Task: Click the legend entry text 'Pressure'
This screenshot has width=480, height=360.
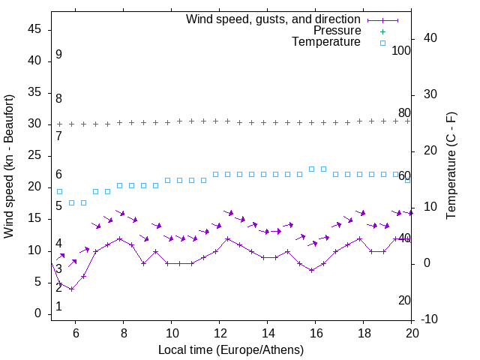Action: point(337,31)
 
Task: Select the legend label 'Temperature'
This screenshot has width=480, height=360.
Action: point(326,43)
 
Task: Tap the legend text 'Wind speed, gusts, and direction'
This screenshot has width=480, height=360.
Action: point(273,19)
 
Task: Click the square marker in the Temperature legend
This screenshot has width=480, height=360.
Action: point(382,43)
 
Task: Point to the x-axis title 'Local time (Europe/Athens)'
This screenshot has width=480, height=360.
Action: point(231,350)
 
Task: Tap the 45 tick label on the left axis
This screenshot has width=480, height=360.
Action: point(34,29)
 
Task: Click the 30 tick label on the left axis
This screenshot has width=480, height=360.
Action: point(34,124)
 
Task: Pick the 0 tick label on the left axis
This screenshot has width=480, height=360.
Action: point(38,313)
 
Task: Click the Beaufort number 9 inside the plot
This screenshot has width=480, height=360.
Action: point(58,55)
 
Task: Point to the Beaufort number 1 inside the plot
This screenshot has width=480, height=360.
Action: point(58,307)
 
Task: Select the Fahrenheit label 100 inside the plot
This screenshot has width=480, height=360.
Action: point(401,51)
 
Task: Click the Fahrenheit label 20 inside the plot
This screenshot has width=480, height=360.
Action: point(404,301)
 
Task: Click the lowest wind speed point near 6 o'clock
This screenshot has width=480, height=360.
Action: point(71,289)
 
